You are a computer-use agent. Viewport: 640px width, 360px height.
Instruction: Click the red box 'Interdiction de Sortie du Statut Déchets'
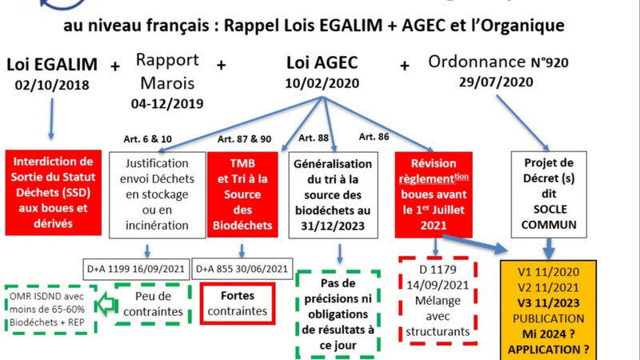pos(54,190)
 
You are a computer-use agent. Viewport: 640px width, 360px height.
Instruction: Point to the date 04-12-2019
pos(167,104)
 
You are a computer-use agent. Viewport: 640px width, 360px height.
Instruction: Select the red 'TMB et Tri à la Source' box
pos(243,194)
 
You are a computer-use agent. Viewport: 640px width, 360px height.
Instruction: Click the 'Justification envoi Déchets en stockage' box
pos(157,193)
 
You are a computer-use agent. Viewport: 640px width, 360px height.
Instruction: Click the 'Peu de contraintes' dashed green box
pos(152,301)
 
